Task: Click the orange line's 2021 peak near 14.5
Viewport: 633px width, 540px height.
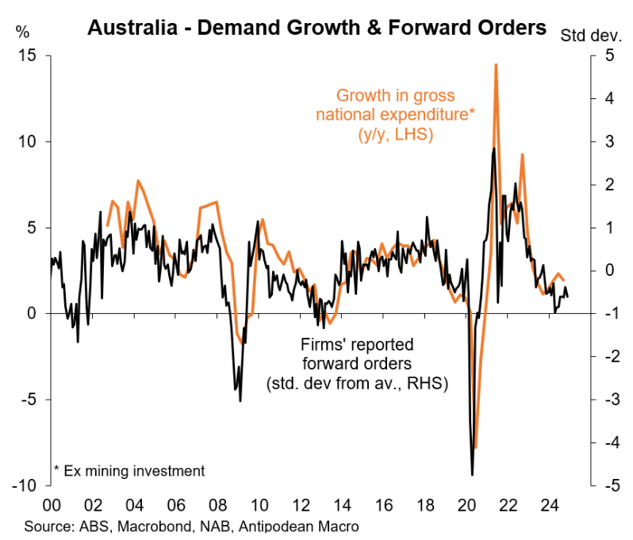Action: point(496,65)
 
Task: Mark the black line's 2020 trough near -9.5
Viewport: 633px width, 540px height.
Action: point(472,475)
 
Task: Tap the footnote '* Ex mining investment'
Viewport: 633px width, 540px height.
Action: point(129,471)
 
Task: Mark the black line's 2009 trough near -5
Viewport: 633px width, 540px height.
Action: point(240,400)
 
